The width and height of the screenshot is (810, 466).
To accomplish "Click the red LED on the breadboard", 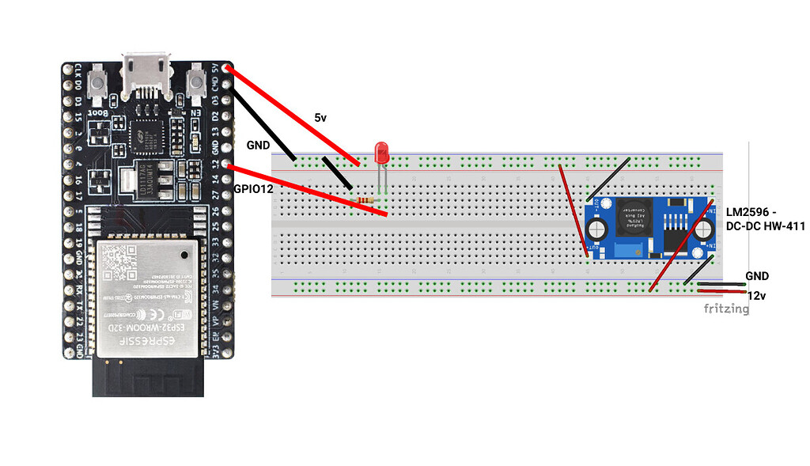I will tap(382, 153).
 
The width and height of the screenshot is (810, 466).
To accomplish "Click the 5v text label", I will tap(320, 118).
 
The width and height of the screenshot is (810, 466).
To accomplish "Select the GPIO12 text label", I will tap(254, 190).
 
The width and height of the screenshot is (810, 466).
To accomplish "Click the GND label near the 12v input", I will tap(756, 276).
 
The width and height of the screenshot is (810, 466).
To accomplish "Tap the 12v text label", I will tap(756, 295).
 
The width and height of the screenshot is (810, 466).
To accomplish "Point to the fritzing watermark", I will tap(726, 309).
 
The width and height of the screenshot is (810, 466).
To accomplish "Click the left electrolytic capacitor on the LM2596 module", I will tap(597, 229).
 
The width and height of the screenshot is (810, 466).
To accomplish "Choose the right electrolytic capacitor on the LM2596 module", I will tap(702, 229).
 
